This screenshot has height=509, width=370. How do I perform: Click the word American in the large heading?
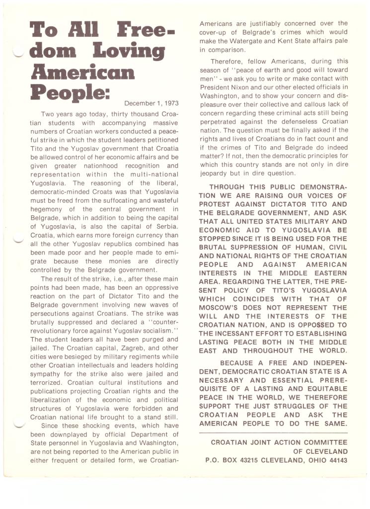coord(82,73)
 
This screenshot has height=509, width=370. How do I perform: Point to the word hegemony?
coord(50,208)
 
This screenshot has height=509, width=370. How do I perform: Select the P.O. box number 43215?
coord(254,461)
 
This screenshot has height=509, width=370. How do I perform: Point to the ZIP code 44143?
coord(335,461)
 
